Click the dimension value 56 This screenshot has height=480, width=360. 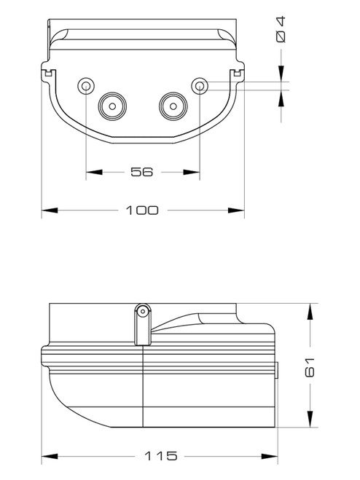click(141, 172)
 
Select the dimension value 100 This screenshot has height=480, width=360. click(142, 211)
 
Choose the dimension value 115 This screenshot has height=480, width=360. click(160, 456)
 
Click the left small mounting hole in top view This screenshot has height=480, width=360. click(86, 86)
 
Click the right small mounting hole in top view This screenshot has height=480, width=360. click(199, 86)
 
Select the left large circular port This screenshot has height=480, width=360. click(113, 106)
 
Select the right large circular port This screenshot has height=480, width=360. click(173, 106)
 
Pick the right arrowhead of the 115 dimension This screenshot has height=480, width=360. click(273, 456)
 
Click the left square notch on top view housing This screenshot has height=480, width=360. click(48, 73)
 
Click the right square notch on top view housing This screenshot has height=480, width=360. click(236, 73)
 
